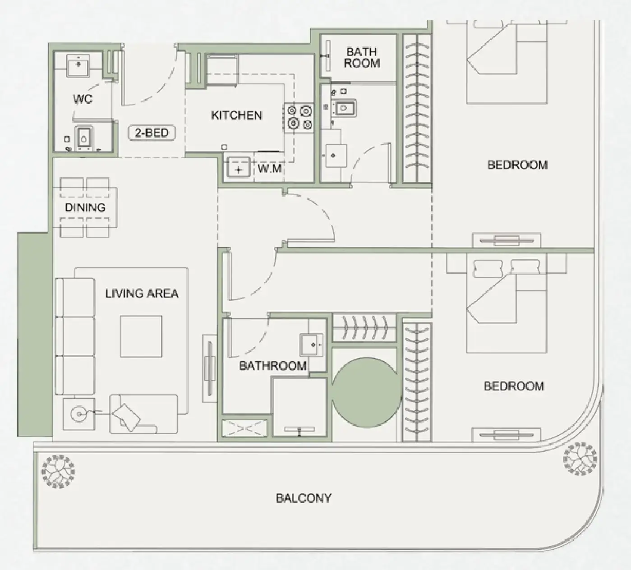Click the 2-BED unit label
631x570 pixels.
point(152,133)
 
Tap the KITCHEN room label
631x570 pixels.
point(236,115)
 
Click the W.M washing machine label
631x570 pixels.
point(270,169)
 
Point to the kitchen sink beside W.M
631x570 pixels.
point(239,169)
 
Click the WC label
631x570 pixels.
point(83,99)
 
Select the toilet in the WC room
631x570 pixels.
point(83,137)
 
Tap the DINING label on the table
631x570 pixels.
point(85,207)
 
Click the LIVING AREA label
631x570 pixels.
point(142,294)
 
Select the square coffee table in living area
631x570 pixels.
point(141,336)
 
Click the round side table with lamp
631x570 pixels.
point(79,414)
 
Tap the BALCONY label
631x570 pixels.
point(304,498)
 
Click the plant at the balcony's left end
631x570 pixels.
point(58,471)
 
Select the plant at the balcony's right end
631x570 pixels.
point(580,459)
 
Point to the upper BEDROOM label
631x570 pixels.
point(517,165)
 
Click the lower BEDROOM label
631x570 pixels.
point(514,386)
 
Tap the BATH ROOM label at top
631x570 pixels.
point(362,58)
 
